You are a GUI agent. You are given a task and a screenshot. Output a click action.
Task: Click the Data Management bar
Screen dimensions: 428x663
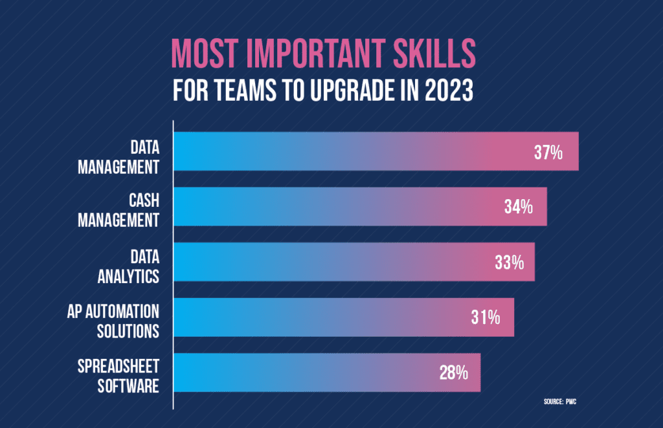[x=376, y=151]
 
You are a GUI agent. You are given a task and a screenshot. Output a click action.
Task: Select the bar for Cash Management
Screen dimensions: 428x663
[x=361, y=207]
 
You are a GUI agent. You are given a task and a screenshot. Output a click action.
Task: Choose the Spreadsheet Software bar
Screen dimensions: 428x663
[x=328, y=372]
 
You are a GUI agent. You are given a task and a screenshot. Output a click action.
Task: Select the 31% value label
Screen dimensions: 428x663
[x=485, y=317]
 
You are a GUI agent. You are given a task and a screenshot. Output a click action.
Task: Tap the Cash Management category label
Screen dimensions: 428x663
[x=118, y=211]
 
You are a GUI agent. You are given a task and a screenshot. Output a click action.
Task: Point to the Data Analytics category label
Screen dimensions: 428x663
[x=128, y=266]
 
